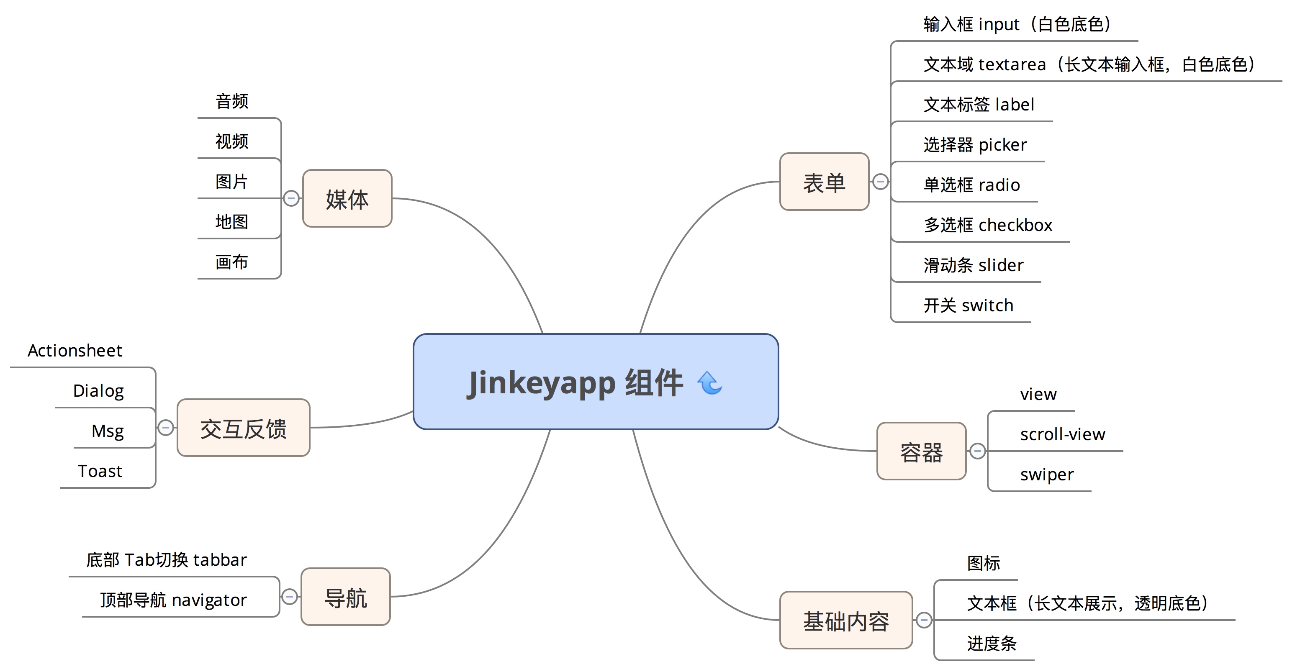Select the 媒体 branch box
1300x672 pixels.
(x=347, y=199)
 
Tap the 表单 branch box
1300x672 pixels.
(x=824, y=182)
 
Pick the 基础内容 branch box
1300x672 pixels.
(x=846, y=621)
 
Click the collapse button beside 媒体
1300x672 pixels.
(x=291, y=198)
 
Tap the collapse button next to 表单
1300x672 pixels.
(x=881, y=182)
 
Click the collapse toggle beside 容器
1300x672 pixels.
(x=978, y=451)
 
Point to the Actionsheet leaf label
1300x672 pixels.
(x=75, y=351)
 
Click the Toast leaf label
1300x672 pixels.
(x=100, y=471)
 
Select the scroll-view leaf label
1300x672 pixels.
(x=1062, y=434)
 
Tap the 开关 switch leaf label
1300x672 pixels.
(x=968, y=305)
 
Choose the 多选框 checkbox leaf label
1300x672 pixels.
(x=988, y=225)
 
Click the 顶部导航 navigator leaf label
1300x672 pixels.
(x=173, y=600)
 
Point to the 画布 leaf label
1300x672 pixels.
(x=231, y=262)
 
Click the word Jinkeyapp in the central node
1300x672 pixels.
(x=541, y=382)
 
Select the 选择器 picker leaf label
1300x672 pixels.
(x=974, y=145)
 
